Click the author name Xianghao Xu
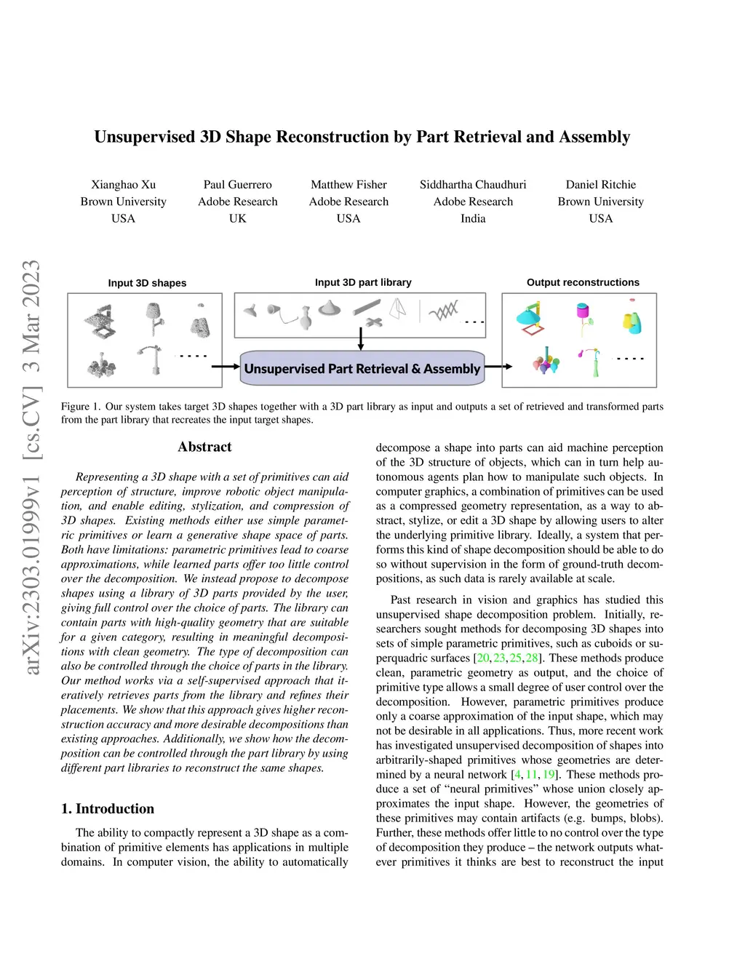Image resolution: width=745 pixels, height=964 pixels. click(123, 185)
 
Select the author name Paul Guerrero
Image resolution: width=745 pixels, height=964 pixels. click(237, 185)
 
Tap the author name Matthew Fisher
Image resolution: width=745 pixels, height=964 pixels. click(348, 185)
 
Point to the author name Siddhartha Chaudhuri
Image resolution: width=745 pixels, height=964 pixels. click(473, 185)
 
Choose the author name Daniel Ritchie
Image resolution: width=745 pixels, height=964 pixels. click(600, 185)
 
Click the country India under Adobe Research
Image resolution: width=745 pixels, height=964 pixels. click(473, 218)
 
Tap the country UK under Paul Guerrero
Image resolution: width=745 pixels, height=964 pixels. click(237, 218)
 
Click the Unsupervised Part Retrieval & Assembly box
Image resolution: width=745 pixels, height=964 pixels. click(362, 368)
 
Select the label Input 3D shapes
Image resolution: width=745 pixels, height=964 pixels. click(147, 283)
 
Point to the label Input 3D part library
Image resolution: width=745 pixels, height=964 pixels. click(363, 282)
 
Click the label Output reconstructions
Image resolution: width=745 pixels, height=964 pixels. click(583, 282)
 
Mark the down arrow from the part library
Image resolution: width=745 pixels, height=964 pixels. click(361, 340)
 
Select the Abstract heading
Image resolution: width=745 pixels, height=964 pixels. click(204, 447)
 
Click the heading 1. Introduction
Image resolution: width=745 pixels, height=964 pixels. click(108, 809)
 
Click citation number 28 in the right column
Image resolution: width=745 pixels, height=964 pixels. click(532, 658)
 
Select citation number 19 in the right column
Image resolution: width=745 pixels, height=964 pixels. click(549, 775)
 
